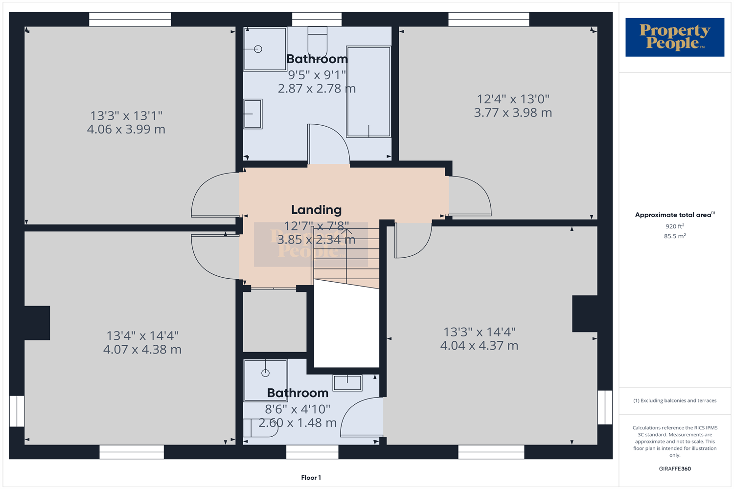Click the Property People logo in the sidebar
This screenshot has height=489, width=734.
(x=675, y=37)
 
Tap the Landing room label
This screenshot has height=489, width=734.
(x=316, y=210)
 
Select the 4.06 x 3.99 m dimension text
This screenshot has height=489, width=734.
(x=126, y=130)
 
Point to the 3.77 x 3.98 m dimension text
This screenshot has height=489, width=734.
(x=513, y=113)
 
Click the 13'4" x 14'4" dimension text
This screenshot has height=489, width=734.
(x=142, y=336)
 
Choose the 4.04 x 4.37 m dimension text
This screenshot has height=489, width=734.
(x=479, y=346)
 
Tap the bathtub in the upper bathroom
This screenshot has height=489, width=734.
(x=368, y=92)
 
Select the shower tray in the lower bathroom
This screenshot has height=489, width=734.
(x=265, y=380)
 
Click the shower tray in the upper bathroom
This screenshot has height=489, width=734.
(x=265, y=49)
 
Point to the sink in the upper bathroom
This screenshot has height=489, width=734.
(x=252, y=114)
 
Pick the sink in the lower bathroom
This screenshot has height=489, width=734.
(x=347, y=383)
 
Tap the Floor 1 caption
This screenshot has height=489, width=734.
(x=311, y=478)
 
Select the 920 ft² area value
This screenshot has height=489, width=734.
(x=675, y=226)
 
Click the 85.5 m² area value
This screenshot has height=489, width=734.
(x=675, y=236)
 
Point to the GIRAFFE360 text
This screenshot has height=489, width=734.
(x=675, y=468)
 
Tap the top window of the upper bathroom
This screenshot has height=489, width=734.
(x=317, y=20)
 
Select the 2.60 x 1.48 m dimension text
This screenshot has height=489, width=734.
(x=298, y=423)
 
